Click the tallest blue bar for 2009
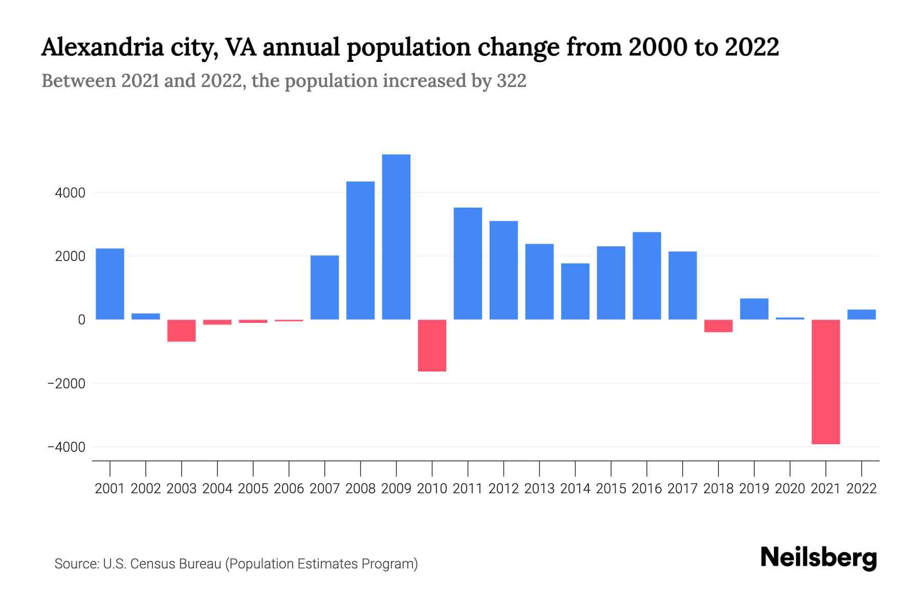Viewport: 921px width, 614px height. tap(396, 237)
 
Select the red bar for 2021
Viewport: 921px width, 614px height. tap(825, 382)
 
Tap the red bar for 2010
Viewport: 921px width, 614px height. tap(432, 345)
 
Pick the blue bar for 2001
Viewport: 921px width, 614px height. tap(110, 284)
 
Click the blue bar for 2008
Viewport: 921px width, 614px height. tap(360, 251)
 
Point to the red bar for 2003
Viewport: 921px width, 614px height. tap(182, 331)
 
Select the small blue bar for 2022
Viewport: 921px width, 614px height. tap(861, 315)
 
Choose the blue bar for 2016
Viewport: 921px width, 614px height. tap(647, 276)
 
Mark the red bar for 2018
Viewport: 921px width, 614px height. tap(718, 326)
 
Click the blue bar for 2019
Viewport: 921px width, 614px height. tap(754, 309)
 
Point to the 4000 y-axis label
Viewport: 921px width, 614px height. tap(71, 193)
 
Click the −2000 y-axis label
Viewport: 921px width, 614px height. tap(67, 383)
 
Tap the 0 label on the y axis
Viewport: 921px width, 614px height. tap(81, 320)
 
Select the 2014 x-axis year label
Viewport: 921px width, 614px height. tap(575, 489)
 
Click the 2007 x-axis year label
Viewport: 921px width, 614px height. tap(324, 489)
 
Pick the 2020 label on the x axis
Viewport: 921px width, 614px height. tap(790, 489)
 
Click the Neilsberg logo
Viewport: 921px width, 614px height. tap(819, 558)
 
